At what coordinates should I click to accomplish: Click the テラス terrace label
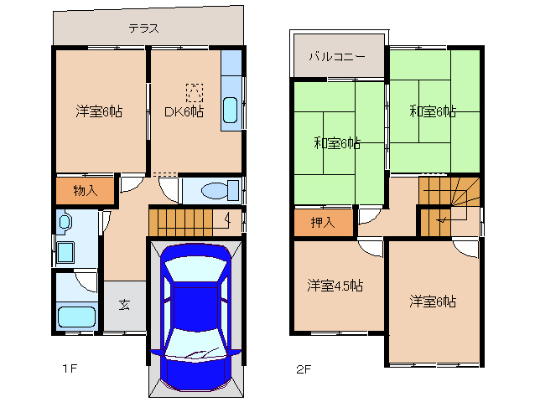[143, 28]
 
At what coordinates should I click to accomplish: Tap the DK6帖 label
[184, 111]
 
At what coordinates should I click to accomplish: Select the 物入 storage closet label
[85, 190]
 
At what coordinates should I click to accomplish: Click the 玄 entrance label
[123, 305]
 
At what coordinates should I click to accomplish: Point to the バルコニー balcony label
[335, 57]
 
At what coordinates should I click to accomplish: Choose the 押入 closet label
[322, 223]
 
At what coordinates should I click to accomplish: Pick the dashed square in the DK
[194, 91]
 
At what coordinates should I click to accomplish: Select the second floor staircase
[449, 206]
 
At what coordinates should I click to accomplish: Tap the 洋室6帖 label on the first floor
[99, 111]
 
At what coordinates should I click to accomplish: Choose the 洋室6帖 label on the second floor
[433, 301]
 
